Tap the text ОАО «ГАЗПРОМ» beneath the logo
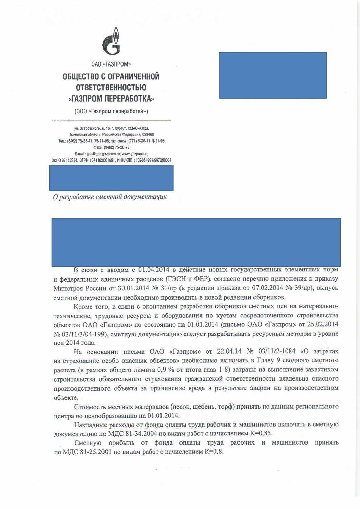click(111, 64)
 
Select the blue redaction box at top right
click(272, 75)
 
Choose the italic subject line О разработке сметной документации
click(110, 197)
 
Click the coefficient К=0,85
click(261, 434)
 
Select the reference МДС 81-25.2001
click(91, 452)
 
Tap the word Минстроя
click(68, 288)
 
